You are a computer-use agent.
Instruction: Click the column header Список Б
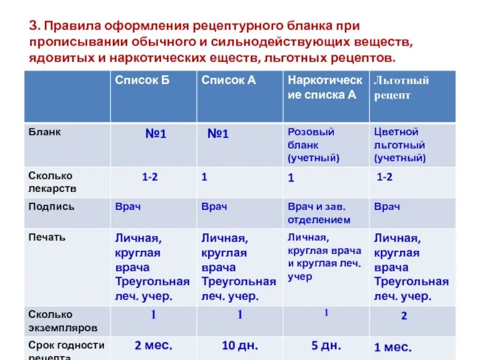(x=143, y=80)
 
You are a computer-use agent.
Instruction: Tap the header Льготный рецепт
(x=401, y=88)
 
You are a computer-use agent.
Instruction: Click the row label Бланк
(x=44, y=132)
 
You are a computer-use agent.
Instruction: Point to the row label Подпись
(x=52, y=206)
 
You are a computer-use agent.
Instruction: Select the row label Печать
(x=47, y=237)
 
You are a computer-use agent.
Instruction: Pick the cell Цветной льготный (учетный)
(x=400, y=145)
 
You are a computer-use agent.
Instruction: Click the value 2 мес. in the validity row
(x=153, y=346)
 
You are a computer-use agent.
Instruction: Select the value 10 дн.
(x=239, y=346)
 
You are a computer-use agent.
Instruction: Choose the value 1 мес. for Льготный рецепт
(x=392, y=347)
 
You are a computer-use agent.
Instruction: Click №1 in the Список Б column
(x=155, y=134)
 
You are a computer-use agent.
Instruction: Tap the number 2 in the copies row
(x=404, y=316)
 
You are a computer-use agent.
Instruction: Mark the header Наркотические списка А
(x=325, y=87)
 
